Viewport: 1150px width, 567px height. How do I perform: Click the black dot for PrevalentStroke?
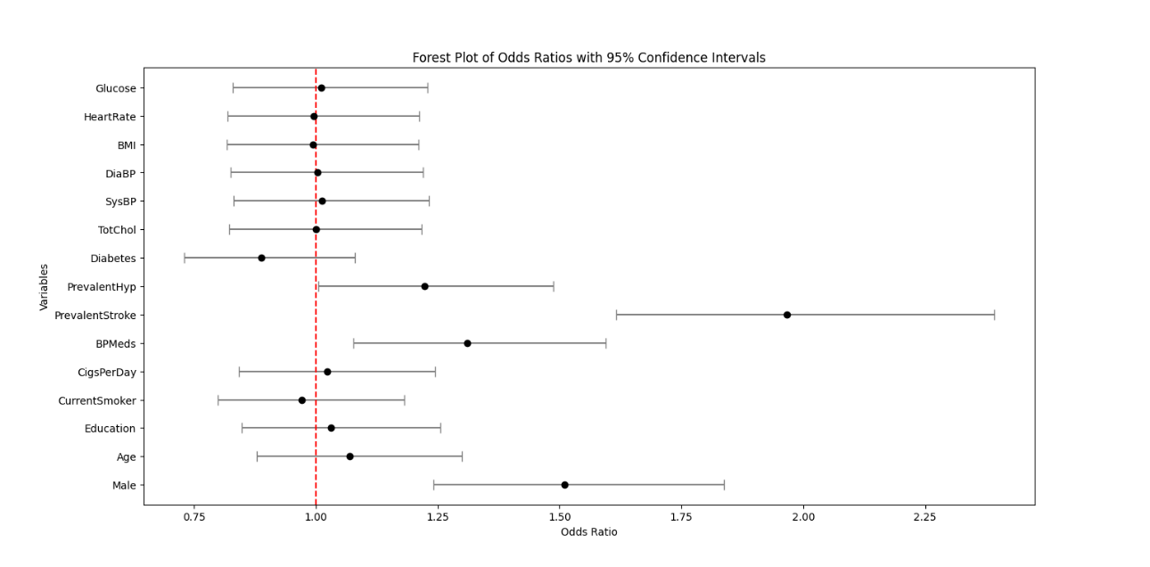787,315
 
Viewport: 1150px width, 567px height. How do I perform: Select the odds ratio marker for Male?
564,485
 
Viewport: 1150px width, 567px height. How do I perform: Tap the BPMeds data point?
467,343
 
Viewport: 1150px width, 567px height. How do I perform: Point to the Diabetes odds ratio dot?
261,258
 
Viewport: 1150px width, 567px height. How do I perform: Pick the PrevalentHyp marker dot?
424,286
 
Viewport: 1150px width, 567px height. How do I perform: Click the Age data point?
349,456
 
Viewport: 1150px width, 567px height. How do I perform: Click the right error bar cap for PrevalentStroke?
994,315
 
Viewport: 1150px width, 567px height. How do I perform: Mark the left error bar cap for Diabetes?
185,258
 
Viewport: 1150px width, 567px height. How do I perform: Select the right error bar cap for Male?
724,485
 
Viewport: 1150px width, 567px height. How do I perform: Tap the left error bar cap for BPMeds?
354,343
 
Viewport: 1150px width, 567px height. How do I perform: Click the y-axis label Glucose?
116,88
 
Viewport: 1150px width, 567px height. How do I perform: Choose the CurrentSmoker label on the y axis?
97,400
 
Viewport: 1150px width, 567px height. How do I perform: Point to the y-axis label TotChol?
117,230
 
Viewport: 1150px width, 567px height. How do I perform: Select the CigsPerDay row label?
107,372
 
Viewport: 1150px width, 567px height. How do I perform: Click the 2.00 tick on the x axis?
803,517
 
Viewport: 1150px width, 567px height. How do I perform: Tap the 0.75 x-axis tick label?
194,517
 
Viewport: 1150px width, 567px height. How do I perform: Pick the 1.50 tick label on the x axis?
560,517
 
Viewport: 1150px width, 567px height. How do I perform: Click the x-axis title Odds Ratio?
588,532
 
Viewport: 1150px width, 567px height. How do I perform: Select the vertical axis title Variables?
44,286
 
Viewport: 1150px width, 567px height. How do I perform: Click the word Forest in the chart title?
431,58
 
